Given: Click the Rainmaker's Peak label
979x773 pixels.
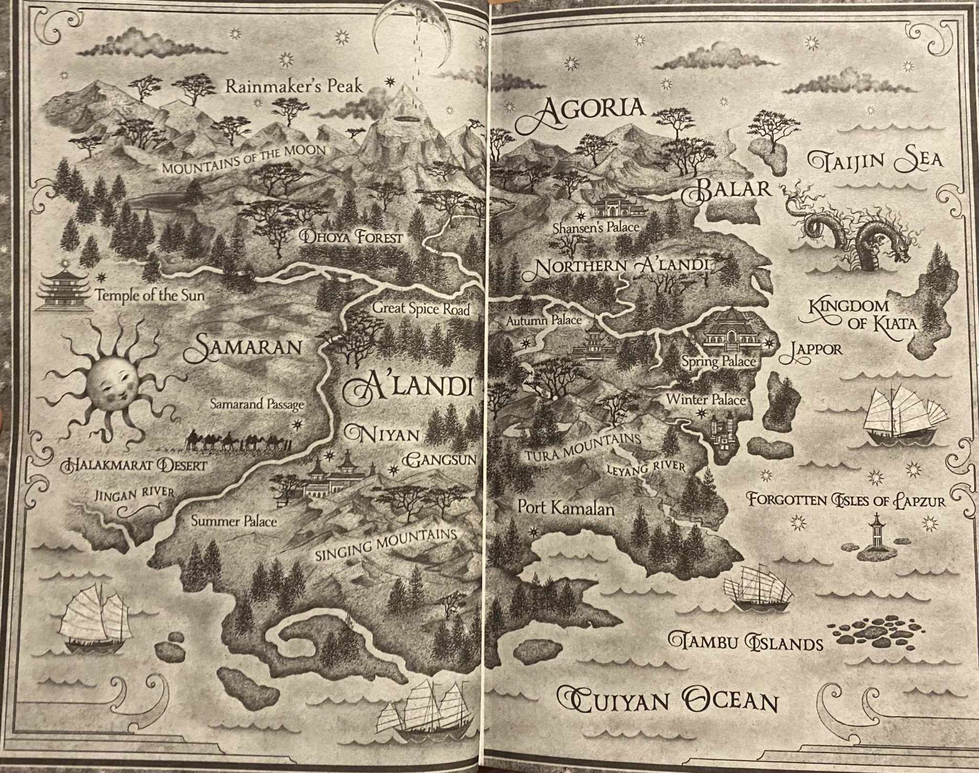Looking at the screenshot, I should tap(294, 87).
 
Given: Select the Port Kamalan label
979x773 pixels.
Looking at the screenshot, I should tap(566, 509).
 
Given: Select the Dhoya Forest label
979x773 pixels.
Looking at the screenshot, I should tap(351, 237).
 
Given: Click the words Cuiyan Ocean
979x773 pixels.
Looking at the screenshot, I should tap(667, 701).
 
